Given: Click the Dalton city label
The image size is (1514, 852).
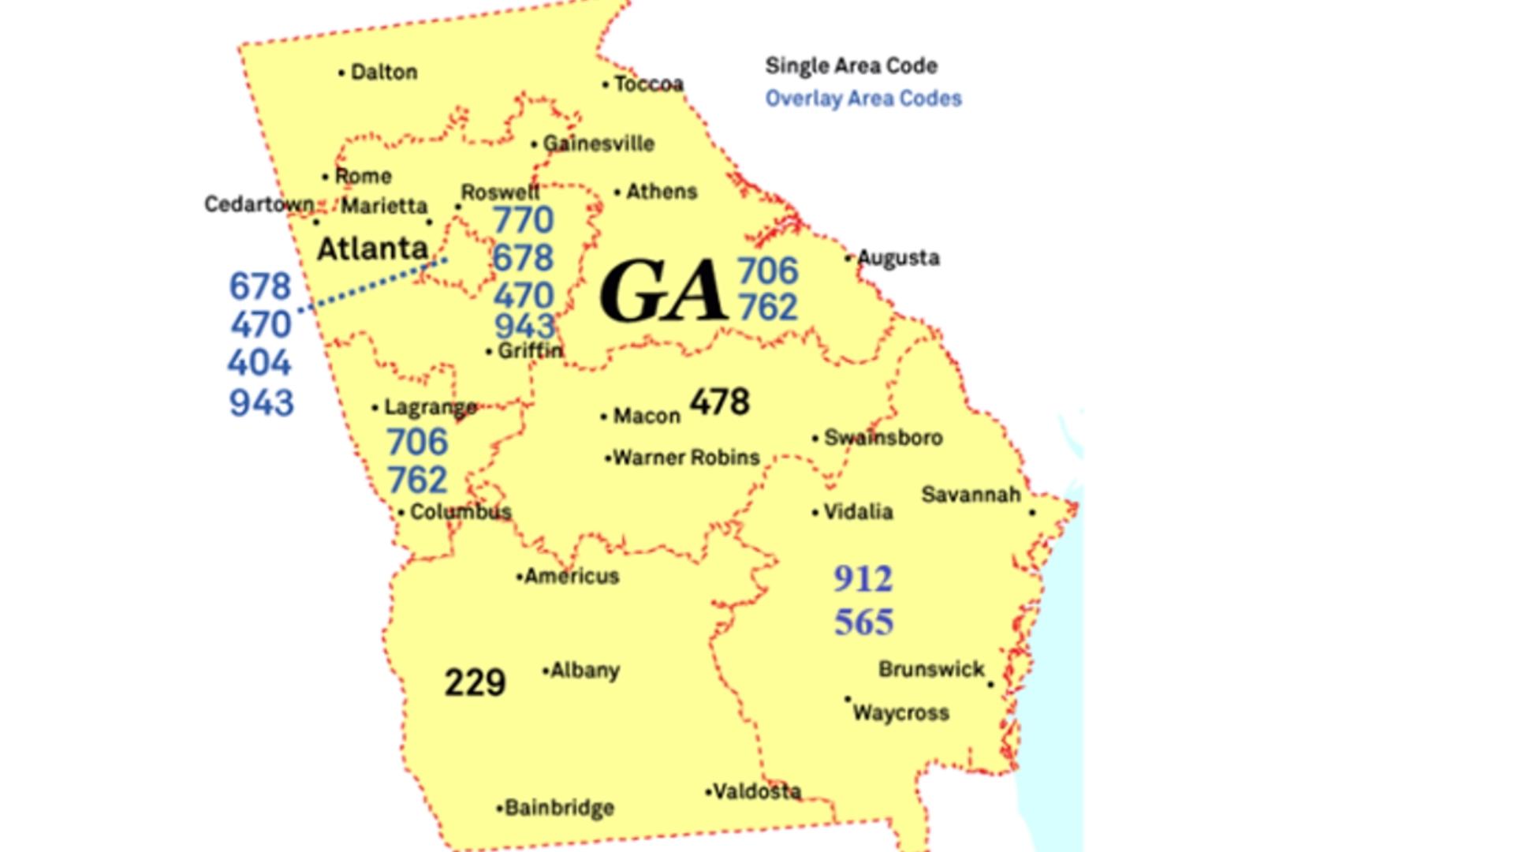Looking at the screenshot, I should point(383,72).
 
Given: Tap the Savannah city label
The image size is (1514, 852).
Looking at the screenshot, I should point(971,495).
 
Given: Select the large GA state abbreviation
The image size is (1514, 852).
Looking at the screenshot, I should point(662,291).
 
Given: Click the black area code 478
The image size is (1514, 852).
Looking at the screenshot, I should point(719,402).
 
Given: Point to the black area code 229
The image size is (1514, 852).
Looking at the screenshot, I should point(475,682).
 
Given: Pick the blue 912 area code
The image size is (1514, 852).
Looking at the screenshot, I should point(863,579).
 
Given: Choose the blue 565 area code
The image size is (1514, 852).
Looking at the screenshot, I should point(864,622).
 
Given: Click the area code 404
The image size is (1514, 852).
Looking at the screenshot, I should point(259,363).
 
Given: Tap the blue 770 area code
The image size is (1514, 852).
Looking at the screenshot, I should point(524,220).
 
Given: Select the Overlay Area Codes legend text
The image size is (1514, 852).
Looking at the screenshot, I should point(863,99).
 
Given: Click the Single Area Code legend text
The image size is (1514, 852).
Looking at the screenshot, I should point(852,65).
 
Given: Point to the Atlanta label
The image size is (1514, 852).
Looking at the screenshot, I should point(372,248).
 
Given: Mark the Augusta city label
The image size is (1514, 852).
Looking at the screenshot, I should point(898,258).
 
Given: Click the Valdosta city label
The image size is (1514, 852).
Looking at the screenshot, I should point(756,790).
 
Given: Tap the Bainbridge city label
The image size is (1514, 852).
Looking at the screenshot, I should point(559,808).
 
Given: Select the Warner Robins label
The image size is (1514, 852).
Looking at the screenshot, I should point(686,458).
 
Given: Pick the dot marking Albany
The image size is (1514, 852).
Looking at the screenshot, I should point(546,671).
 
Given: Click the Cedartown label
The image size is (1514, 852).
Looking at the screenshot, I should point(259,204).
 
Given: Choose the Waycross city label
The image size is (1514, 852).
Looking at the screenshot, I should point(901,713).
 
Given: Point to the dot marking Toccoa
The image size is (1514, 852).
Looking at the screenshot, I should point(606,84).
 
